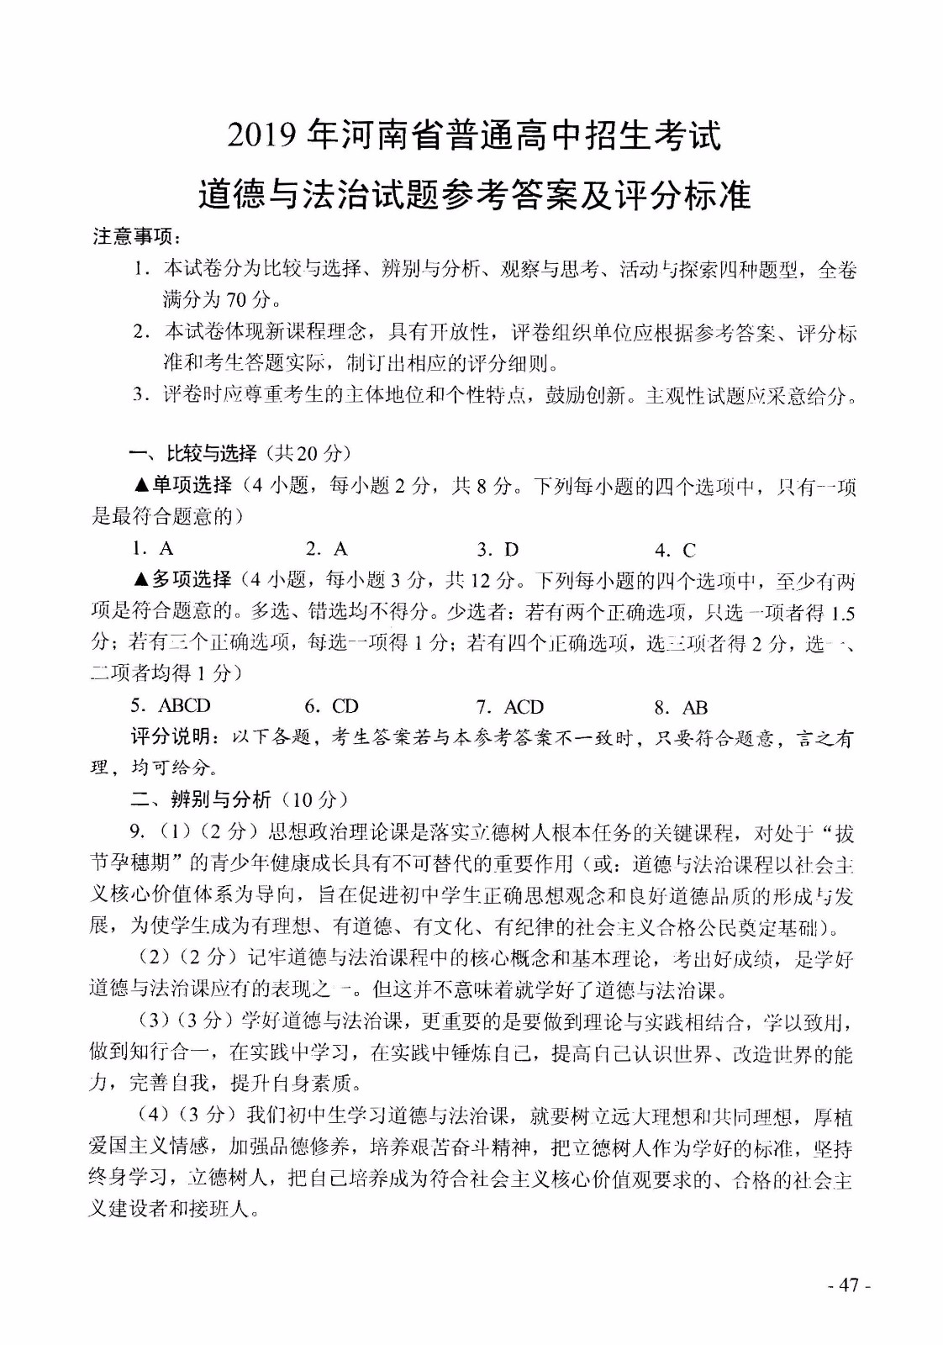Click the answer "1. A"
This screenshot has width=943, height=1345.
(153, 549)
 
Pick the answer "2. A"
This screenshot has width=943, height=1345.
(327, 549)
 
